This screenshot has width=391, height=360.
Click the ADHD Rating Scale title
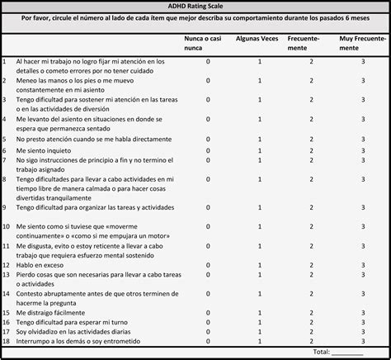195,6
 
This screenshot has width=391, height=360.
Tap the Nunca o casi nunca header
207,43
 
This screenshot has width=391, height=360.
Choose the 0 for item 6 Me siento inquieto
208,151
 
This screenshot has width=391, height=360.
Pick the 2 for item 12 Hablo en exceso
311,266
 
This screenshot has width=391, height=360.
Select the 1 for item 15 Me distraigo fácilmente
260,313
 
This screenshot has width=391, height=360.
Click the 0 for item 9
208,208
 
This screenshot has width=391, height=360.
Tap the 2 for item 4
311,118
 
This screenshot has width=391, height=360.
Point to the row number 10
6,225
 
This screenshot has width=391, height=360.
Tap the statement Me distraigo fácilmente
49,313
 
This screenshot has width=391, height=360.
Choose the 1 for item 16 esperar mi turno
260,322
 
